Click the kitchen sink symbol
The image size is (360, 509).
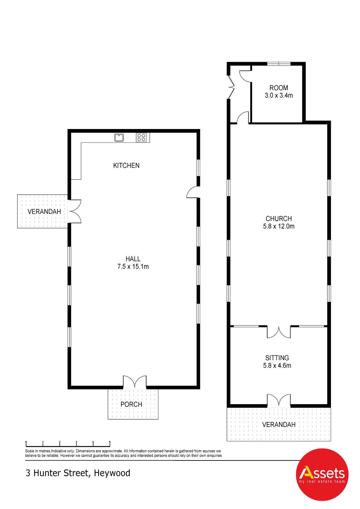point(119,138)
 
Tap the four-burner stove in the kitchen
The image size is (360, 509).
point(141,138)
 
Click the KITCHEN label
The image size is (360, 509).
point(126,166)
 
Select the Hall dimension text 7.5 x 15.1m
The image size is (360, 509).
point(133,267)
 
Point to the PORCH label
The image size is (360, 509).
point(131,404)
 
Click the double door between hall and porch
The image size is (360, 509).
point(135,382)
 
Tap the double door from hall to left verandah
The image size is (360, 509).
point(75,211)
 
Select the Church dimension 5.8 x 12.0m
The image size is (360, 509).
point(279,226)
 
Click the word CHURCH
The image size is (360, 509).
point(279,219)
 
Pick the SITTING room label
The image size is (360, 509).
point(277,358)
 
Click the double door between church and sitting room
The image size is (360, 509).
point(279,332)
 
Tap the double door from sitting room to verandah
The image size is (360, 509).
point(279,400)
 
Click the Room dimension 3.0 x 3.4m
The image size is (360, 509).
point(279,96)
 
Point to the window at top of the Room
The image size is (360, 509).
point(279,64)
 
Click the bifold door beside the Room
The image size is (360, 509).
point(231,87)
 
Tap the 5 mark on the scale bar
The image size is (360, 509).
point(110,442)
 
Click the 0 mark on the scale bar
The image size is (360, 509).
point(26,442)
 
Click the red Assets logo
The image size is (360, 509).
point(322,474)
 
